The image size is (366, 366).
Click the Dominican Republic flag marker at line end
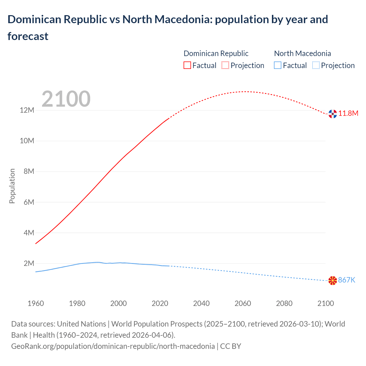(x=333, y=114)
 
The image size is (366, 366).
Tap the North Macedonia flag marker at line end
(x=333, y=281)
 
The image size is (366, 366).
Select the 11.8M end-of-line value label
(x=348, y=114)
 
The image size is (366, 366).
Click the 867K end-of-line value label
(x=347, y=280)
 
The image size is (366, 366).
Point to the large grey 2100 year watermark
(x=66, y=99)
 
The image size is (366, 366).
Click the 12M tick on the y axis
(x=27, y=110)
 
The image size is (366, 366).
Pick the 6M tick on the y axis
(x=29, y=202)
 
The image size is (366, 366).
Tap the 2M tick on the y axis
(x=29, y=263)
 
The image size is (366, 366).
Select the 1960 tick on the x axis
(x=36, y=303)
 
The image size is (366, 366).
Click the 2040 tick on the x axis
(x=201, y=303)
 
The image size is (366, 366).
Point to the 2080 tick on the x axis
(x=284, y=303)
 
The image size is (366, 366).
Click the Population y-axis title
(x=12, y=186)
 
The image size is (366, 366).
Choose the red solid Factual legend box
(x=187, y=65)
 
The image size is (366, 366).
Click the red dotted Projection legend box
(x=225, y=65)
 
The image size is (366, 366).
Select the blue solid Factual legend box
(x=278, y=65)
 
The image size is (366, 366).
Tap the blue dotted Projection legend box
(x=316, y=65)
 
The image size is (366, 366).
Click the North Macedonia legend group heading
(x=303, y=53)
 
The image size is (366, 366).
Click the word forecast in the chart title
(x=28, y=36)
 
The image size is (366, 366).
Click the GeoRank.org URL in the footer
(x=113, y=346)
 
